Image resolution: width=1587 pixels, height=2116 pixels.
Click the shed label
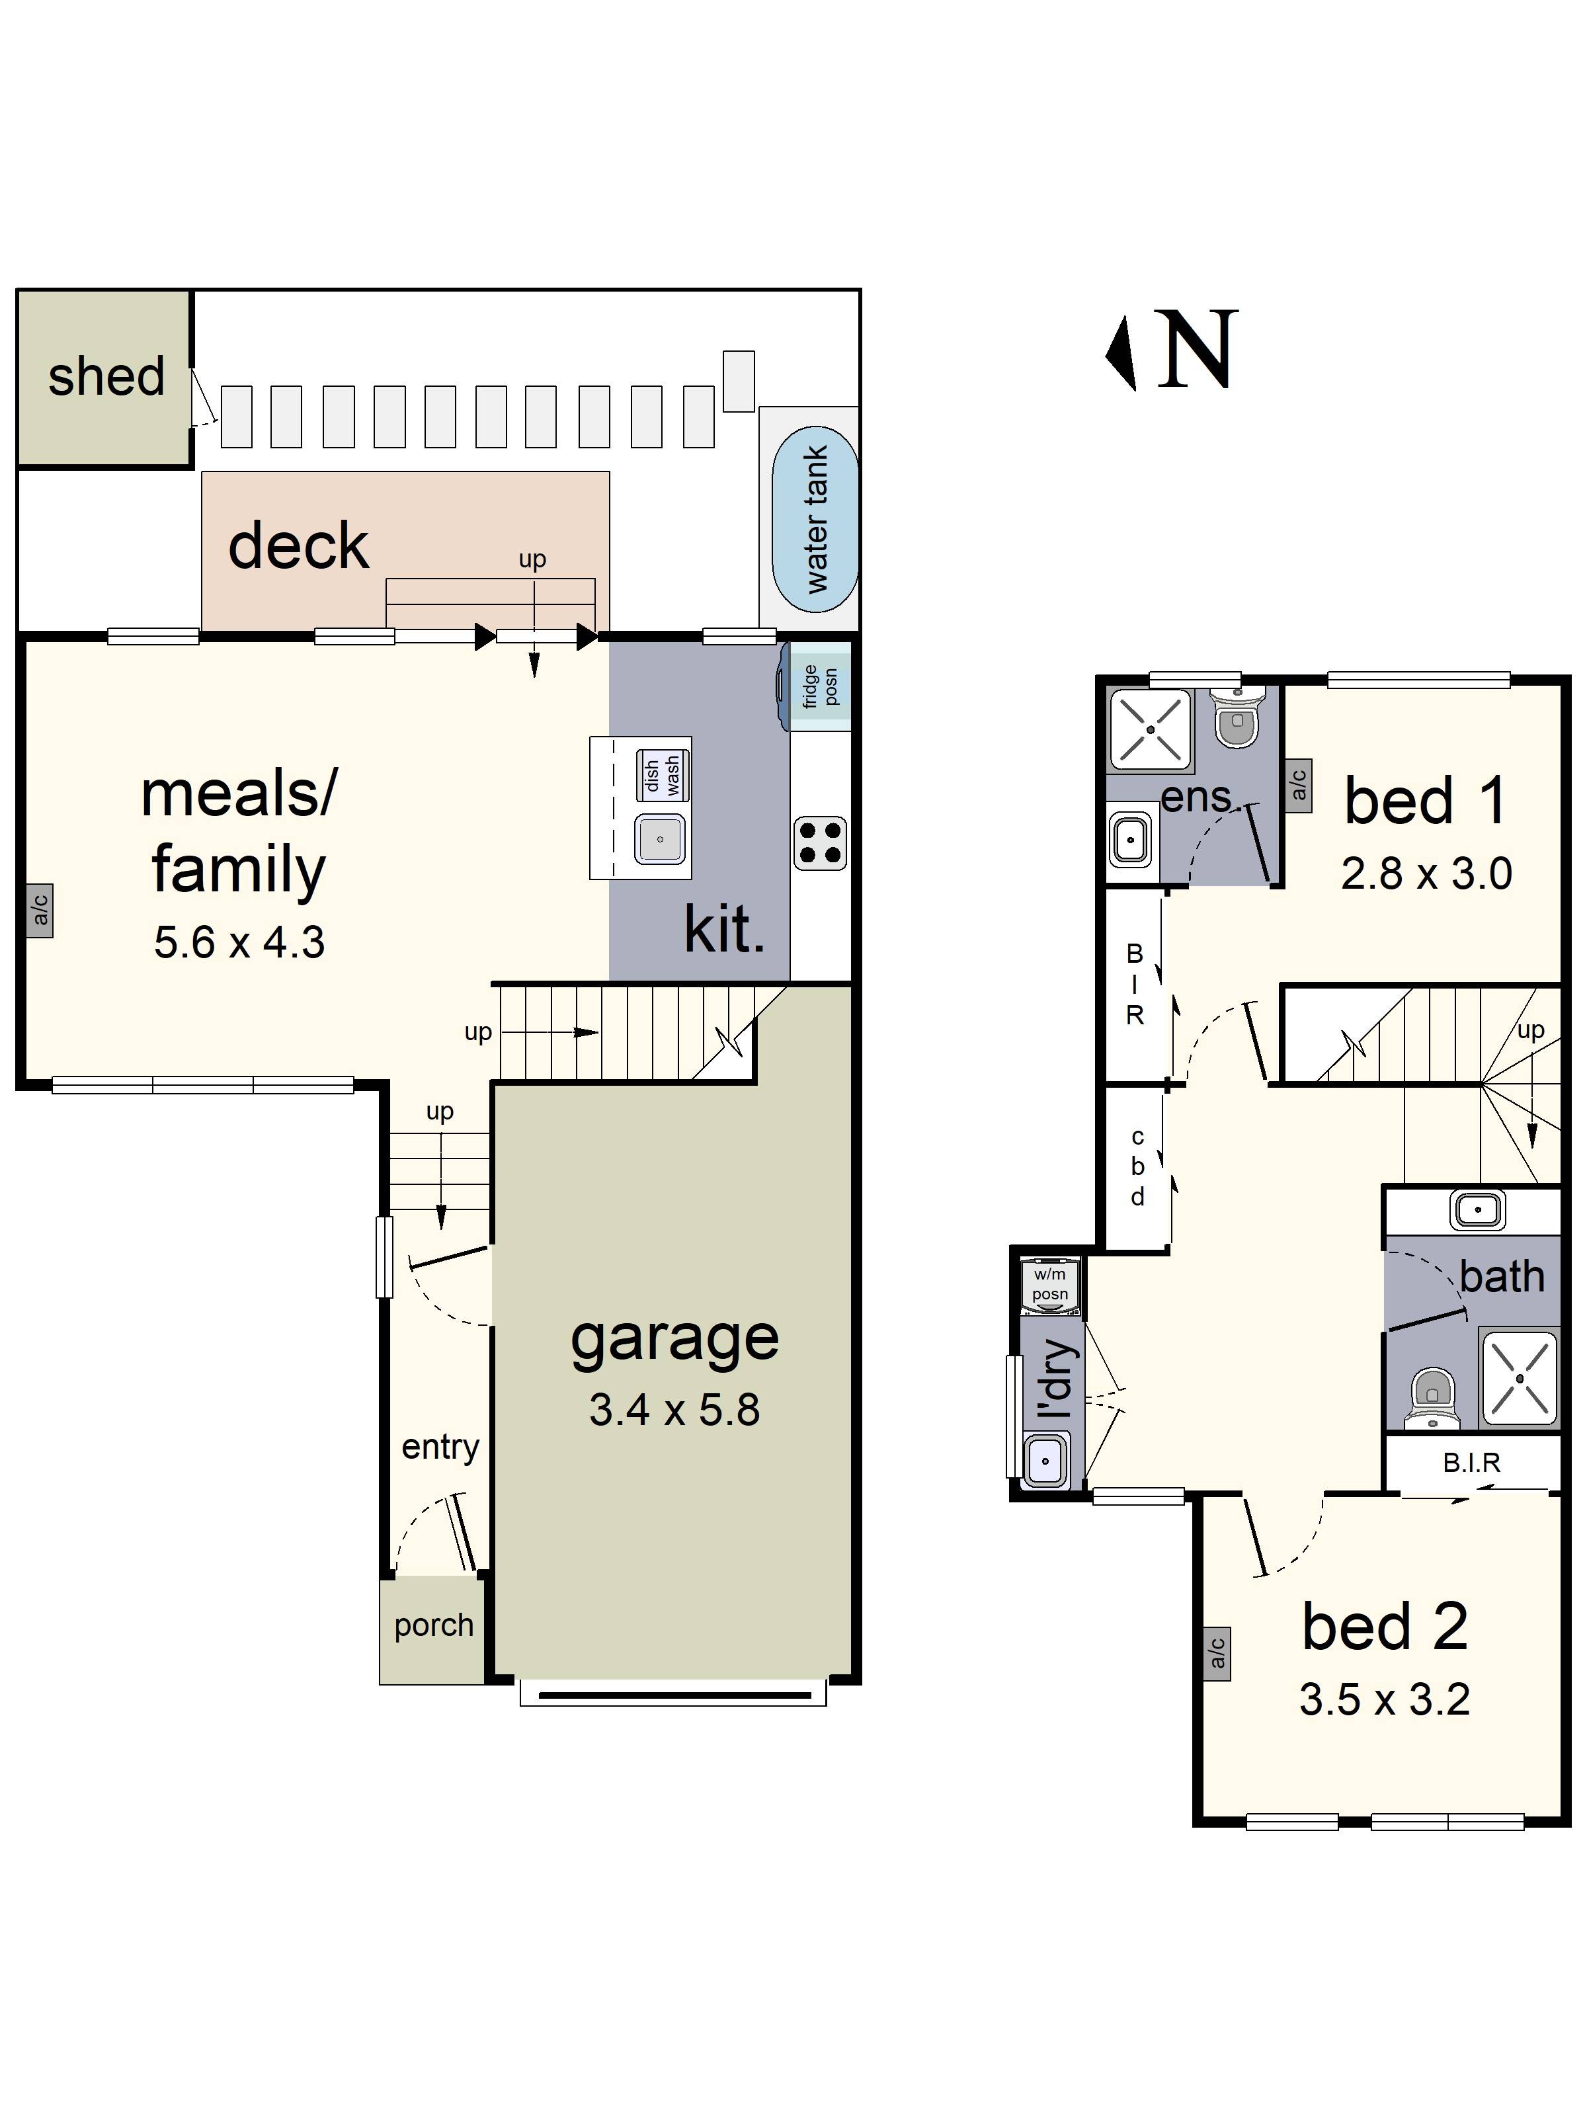click(106, 377)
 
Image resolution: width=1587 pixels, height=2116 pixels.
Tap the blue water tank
click(815, 518)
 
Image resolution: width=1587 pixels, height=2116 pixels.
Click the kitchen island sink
click(660, 839)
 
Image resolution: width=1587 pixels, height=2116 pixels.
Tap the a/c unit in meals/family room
click(39, 910)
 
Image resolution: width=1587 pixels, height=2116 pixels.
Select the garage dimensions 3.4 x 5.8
click(674, 1409)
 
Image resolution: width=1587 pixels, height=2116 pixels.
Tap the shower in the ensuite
click(1151, 729)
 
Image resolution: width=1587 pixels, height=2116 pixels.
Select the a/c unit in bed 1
click(1298, 786)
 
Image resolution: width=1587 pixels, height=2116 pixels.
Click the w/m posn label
click(1049, 1283)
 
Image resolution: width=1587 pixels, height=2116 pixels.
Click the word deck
click(298, 546)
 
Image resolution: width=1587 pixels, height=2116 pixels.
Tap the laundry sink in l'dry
click(1045, 1461)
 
